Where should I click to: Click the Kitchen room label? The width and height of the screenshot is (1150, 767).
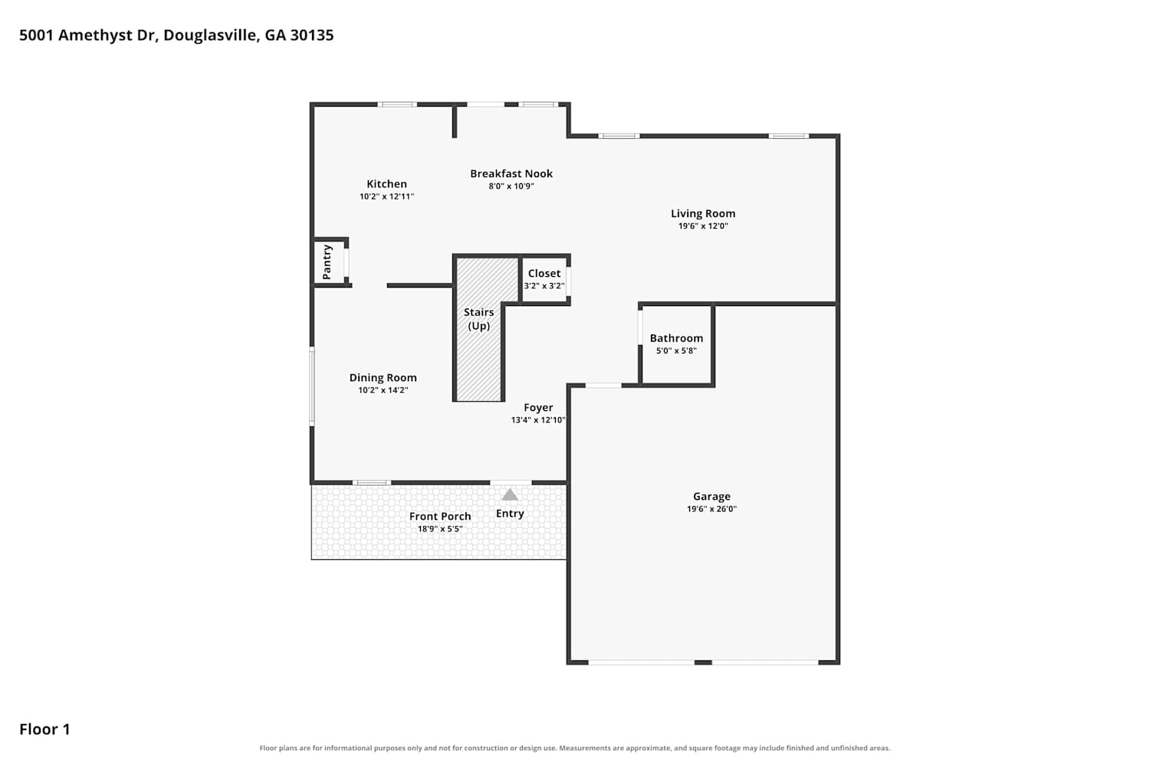tap(386, 184)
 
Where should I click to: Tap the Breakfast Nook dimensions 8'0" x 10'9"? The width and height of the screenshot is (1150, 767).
tap(511, 186)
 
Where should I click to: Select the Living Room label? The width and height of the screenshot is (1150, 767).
tap(703, 214)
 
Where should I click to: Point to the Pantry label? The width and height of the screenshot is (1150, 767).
tap(327, 262)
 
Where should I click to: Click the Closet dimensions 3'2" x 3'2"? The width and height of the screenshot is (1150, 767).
tap(544, 285)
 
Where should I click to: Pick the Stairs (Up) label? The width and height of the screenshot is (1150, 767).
tap(479, 319)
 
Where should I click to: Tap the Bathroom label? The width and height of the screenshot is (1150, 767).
tap(676, 338)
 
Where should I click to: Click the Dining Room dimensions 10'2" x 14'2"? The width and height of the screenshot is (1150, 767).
tap(383, 390)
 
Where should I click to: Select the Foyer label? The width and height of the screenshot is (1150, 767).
tap(538, 408)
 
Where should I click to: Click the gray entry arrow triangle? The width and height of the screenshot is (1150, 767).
tap(510, 495)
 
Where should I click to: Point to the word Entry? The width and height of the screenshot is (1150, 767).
tap(510, 513)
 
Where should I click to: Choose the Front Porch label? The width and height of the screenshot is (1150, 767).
tap(440, 516)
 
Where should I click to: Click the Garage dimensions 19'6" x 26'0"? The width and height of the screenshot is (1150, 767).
tap(711, 509)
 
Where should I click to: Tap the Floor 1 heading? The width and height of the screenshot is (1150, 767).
tap(44, 729)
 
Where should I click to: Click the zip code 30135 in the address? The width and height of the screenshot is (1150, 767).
tap(311, 35)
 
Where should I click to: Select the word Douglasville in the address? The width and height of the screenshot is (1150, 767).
tap(212, 35)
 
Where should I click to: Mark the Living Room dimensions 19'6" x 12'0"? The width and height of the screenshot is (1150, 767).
tap(703, 226)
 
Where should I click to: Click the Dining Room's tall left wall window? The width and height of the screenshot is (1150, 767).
tap(311, 387)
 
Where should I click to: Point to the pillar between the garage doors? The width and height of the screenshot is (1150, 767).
tap(703, 662)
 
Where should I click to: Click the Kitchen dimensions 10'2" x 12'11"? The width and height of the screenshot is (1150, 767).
tap(386, 196)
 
